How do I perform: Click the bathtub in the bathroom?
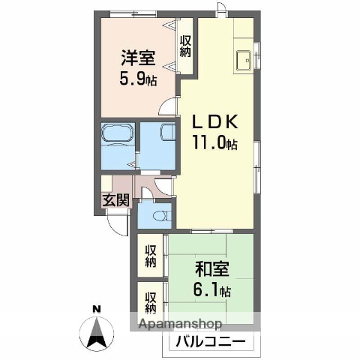coord(118,136)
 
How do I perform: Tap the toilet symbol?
coord(157,216)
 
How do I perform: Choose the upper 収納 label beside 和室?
coord(151,256)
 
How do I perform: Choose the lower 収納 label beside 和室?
coord(151,301)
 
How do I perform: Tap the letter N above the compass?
coord(96,309)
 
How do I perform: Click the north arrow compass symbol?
coord(96,334)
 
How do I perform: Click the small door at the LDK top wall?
coord(219,10)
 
